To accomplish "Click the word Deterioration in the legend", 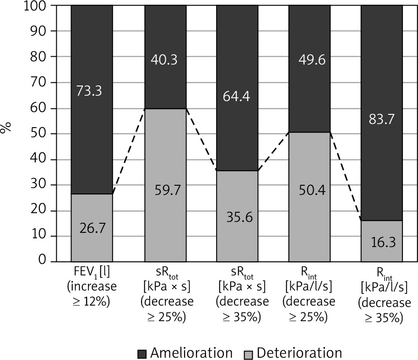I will point(299,353).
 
